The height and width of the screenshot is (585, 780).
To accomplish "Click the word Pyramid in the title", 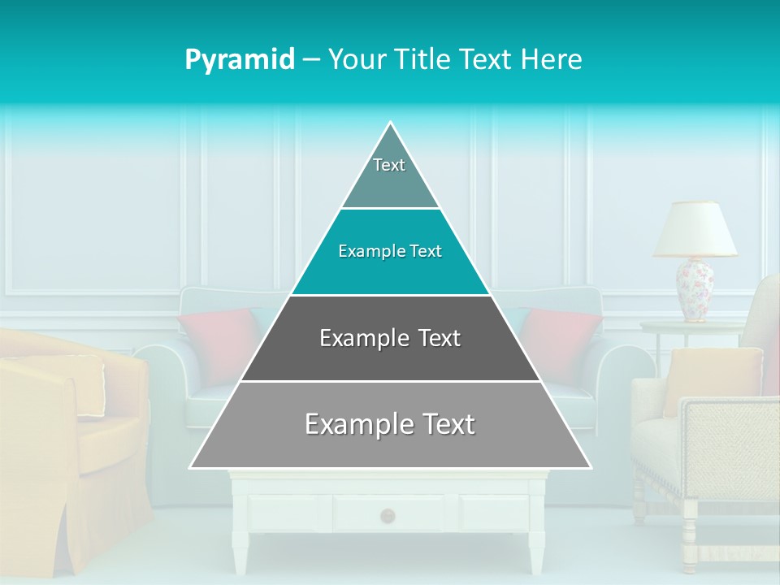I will [x=240, y=60].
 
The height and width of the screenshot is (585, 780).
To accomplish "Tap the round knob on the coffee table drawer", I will [x=388, y=514].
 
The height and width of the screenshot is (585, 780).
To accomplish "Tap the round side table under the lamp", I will [x=691, y=327].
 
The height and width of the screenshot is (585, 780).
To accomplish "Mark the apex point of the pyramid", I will [x=391, y=123].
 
